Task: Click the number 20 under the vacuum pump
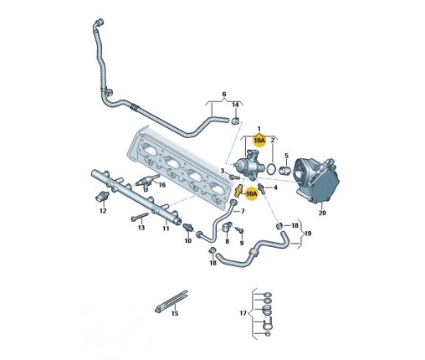point(322,213)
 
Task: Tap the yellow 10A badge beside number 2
point(259,141)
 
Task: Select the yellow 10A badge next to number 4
point(251,193)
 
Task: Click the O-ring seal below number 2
point(271,168)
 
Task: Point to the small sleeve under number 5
point(285,169)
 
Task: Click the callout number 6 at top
point(224,94)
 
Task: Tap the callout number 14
point(236,105)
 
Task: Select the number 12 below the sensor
point(103,211)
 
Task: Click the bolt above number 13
point(140,217)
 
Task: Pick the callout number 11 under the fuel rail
point(166,229)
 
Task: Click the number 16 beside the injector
point(162,185)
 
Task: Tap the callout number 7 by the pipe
point(243,211)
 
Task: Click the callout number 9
point(242,243)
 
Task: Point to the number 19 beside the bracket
point(307,233)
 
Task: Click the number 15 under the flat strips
point(175,313)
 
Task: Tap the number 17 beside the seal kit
point(243,313)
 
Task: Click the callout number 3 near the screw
point(223,171)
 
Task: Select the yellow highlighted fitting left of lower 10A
point(238,191)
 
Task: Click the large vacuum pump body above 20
point(317,179)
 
